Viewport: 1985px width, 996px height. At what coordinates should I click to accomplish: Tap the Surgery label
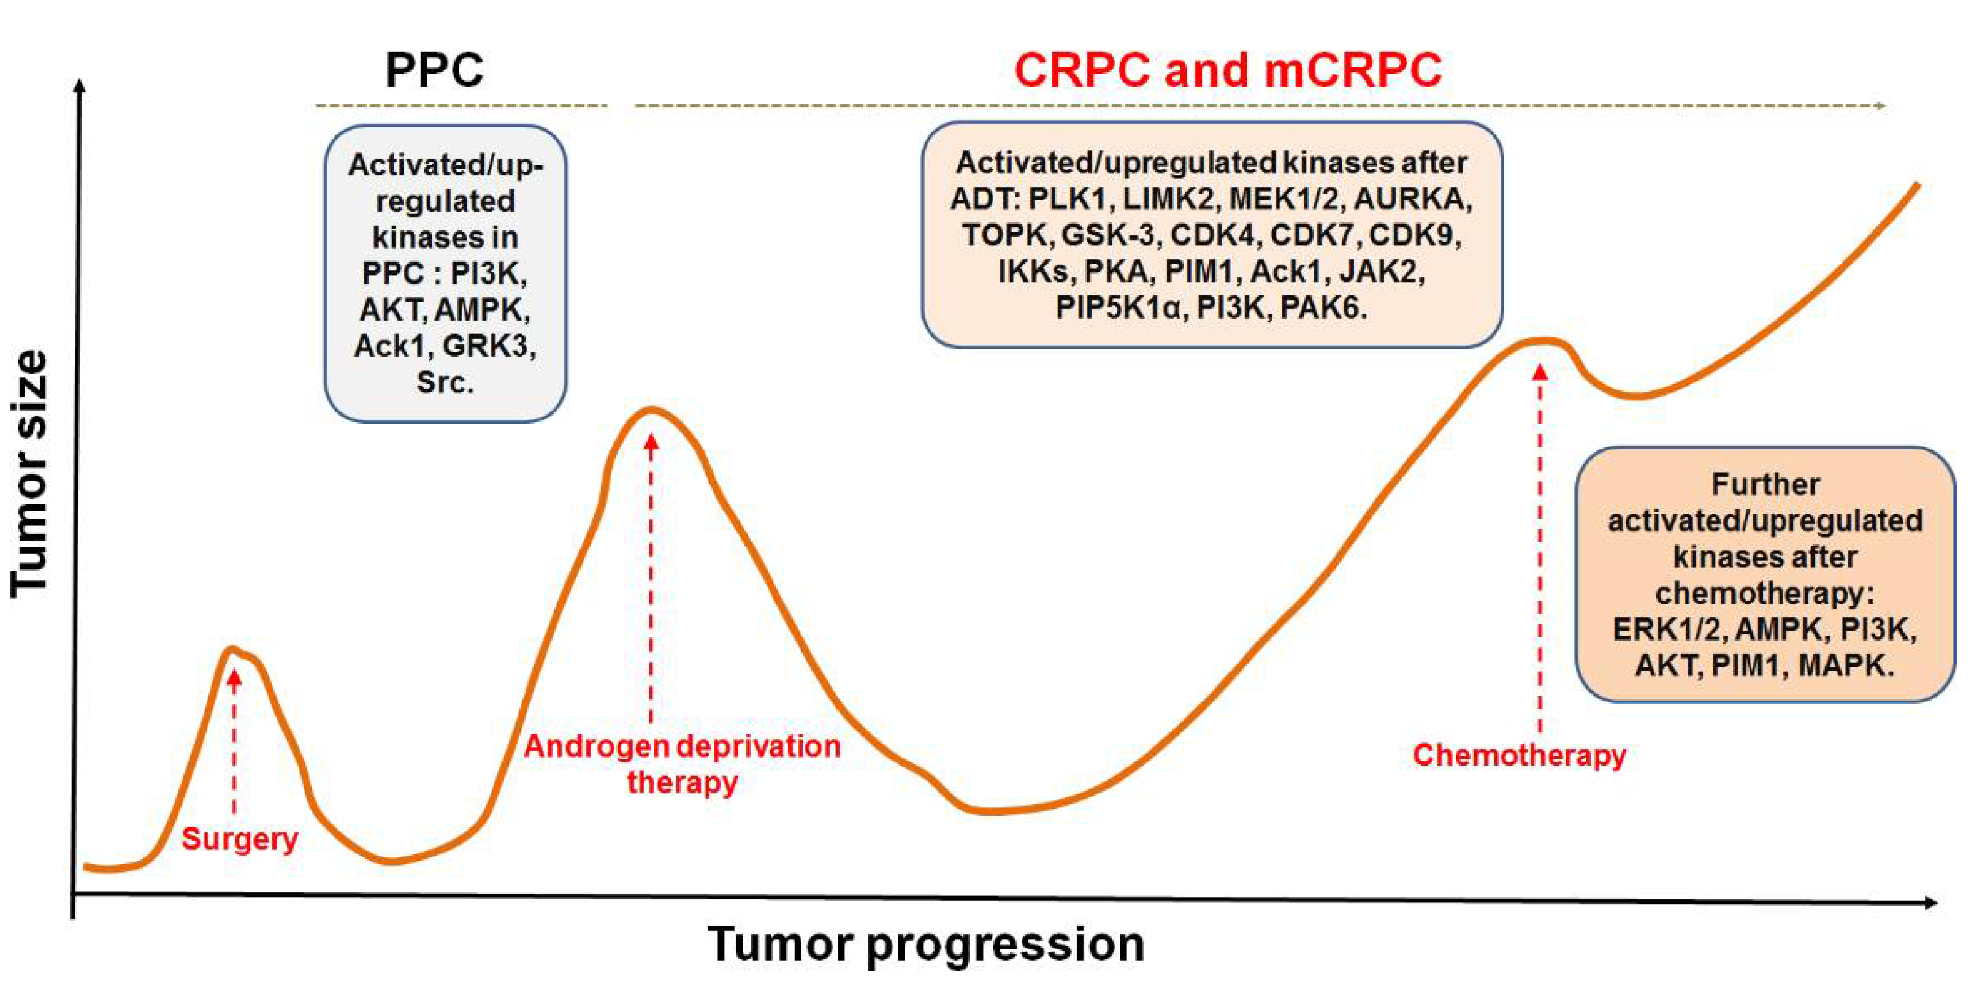pyautogui.click(x=240, y=838)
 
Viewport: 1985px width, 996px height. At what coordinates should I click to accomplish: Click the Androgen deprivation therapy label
pyautogui.click(x=682, y=763)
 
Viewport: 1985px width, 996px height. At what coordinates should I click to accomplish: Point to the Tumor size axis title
pyautogui.click(x=29, y=474)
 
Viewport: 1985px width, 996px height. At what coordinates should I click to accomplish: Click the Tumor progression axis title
pyautogui.click(x=925, y=945)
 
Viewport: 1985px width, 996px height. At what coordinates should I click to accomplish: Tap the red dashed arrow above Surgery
pyautogui.click(x=234, y=739)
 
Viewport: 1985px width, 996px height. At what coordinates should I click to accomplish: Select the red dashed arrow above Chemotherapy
pyautogui.click(x=1540, y=547)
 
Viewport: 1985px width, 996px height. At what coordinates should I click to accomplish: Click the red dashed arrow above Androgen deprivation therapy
pyautogui.click(x=651, y=578)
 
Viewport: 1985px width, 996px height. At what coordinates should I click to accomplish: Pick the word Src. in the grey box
pyautogui.click(x=445, y=382)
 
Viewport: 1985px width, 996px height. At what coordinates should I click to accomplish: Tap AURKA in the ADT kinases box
pyautogui.click(x=1412, y=199)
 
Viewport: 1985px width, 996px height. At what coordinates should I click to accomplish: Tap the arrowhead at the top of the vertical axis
pyautogui.click(x=78, y=85)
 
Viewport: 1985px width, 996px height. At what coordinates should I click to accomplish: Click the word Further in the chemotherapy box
pyautogui.click(x=1765, y=485)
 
